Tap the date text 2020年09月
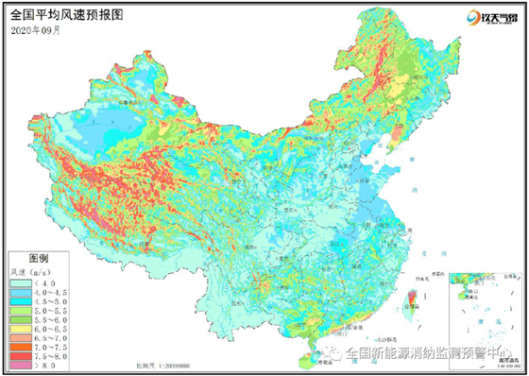(x=35, y=30)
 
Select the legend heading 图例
(x=39, y=257)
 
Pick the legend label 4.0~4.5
(x=45, y=291)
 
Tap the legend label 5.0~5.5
(x=45, y=310)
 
